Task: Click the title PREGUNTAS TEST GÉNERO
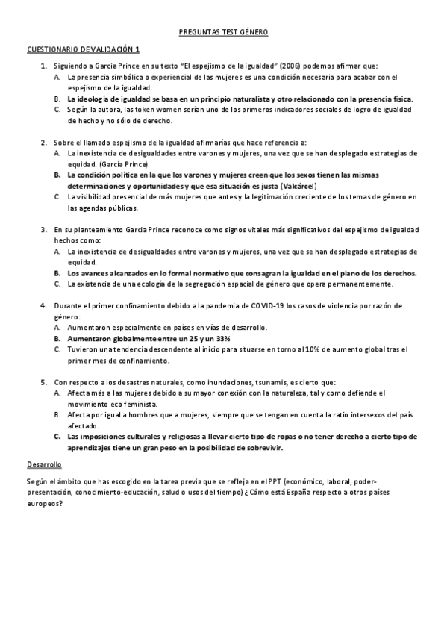coord(223,32)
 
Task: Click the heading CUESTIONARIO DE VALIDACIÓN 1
coord(83,49)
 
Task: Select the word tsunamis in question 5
coord(272,381)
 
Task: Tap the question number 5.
coord(43,381)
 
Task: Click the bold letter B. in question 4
coord(58,338)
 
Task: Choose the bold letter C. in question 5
coord(58,436)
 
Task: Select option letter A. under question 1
coord(58,77)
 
